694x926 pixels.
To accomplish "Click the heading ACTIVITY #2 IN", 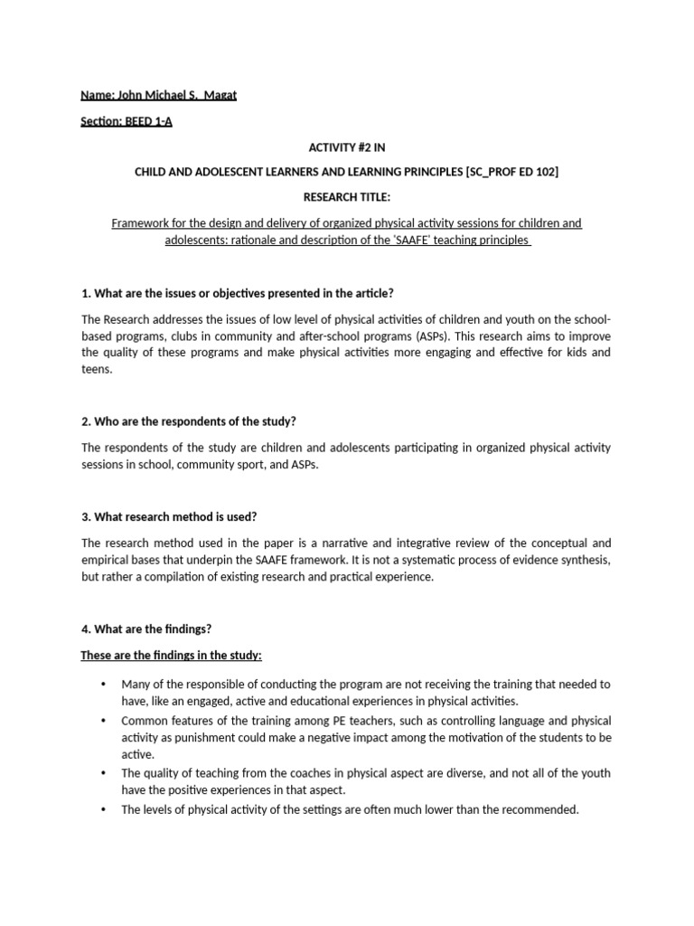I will (346, 147).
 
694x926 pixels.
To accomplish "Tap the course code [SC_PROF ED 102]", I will (511, 172).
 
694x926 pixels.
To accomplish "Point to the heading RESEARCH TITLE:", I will (346, 197).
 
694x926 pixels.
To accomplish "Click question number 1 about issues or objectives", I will (238, 294).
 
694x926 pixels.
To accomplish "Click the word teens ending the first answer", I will (97, 370).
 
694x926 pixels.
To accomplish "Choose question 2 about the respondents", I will (189, 422).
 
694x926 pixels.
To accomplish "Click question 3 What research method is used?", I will (169, 516).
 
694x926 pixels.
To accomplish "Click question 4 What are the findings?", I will (146, 628).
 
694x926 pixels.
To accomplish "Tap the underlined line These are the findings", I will (171, 655).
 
